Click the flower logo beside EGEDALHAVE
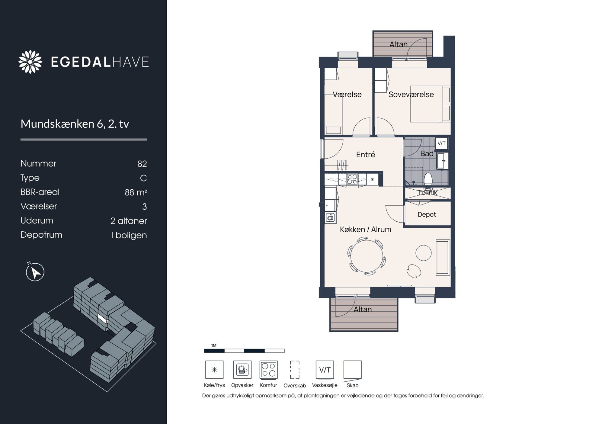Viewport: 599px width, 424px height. pos(30,62)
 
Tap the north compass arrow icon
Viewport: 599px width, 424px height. pos(35,272)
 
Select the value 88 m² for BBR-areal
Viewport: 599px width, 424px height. pos(136,192)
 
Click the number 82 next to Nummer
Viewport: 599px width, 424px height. pos(142,164)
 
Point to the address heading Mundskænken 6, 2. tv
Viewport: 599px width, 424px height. pos(75,124)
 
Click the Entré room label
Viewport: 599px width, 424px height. pos(365,155)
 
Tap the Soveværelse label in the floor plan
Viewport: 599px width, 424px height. pos(411,95)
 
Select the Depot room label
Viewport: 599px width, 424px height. pos(427,214)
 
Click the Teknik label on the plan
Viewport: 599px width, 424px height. pos(428,192)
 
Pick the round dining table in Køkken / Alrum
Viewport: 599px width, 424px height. pos(367,256)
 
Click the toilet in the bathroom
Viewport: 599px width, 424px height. pos(428,179)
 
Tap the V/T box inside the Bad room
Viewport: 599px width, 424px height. pos(441,143)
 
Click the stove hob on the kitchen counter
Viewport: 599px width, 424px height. pos(352,179)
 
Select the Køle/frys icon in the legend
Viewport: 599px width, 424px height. pos(214,370)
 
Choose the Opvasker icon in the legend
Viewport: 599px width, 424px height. pos(242,370)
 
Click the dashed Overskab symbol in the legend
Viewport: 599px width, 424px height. pos(295,370)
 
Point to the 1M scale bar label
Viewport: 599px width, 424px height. pos(214,345)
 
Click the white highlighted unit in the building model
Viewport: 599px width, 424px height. pos(103,318)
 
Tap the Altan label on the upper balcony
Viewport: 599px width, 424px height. pos(398,44)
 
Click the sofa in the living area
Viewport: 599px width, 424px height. pos(443,257)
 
